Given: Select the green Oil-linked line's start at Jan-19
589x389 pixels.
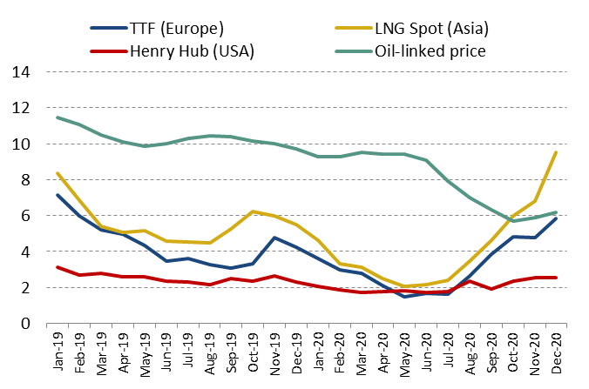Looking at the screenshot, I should point(58,117).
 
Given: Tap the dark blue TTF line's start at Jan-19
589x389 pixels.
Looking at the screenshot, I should point(58,195).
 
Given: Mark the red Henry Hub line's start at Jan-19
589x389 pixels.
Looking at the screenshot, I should point(58,267).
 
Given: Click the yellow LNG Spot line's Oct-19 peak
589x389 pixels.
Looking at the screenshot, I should point(253,211).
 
